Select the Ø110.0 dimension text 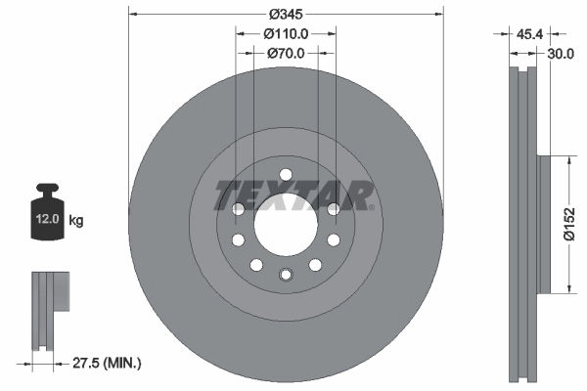pyautogui.click(x=286, y=34)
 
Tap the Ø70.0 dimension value pyautogui.click(x=287, y=55)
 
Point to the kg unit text pyautogui.click(x=76, y=221)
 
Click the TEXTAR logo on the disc pyautogui.click(x=293, y=195)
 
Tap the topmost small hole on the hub pyautogui.click(x=286, y=176)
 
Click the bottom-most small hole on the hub pyautogui.click(x=286, y=275)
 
